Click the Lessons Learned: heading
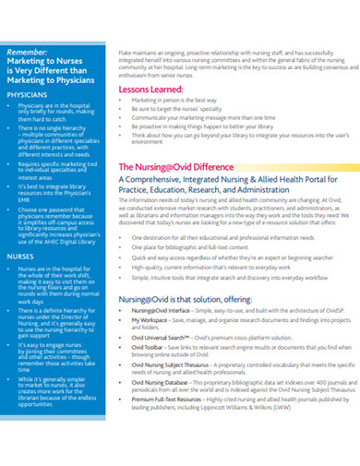[x=151, y=90]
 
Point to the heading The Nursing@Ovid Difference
[x=175, y=166]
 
